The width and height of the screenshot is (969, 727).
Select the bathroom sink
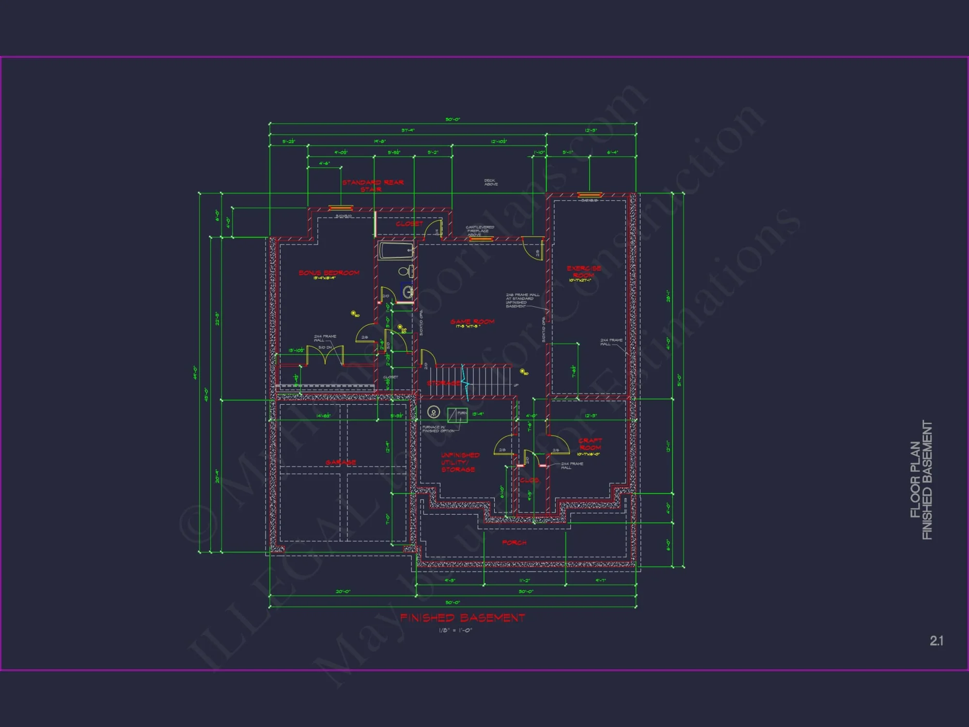pos(408,292)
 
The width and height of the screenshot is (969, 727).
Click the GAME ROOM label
pos(472,322)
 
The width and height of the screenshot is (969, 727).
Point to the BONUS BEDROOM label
pos(329,273)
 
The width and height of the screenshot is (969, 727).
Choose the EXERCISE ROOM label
pos(584,271)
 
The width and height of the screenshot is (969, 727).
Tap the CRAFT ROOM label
pos(590,444)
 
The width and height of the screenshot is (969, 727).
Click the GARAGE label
pos(341,462)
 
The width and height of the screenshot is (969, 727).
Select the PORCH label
pos(514,542)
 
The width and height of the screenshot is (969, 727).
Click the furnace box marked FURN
pos(457,414)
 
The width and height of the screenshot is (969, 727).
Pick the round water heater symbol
pos(434,412)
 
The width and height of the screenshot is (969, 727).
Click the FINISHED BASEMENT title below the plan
pos(462,618)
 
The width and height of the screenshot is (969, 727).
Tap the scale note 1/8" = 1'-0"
pos(455,631)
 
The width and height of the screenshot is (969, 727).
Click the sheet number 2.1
pos(936,641)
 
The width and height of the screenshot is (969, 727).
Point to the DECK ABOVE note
pos(490,182)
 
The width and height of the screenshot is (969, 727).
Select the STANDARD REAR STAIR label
pos(373,186)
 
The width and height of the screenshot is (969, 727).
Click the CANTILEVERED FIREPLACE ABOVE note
pos(480,230)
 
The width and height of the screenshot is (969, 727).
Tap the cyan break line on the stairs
pos(465,383)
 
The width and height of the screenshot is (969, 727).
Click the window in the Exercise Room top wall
pos(590,195)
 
